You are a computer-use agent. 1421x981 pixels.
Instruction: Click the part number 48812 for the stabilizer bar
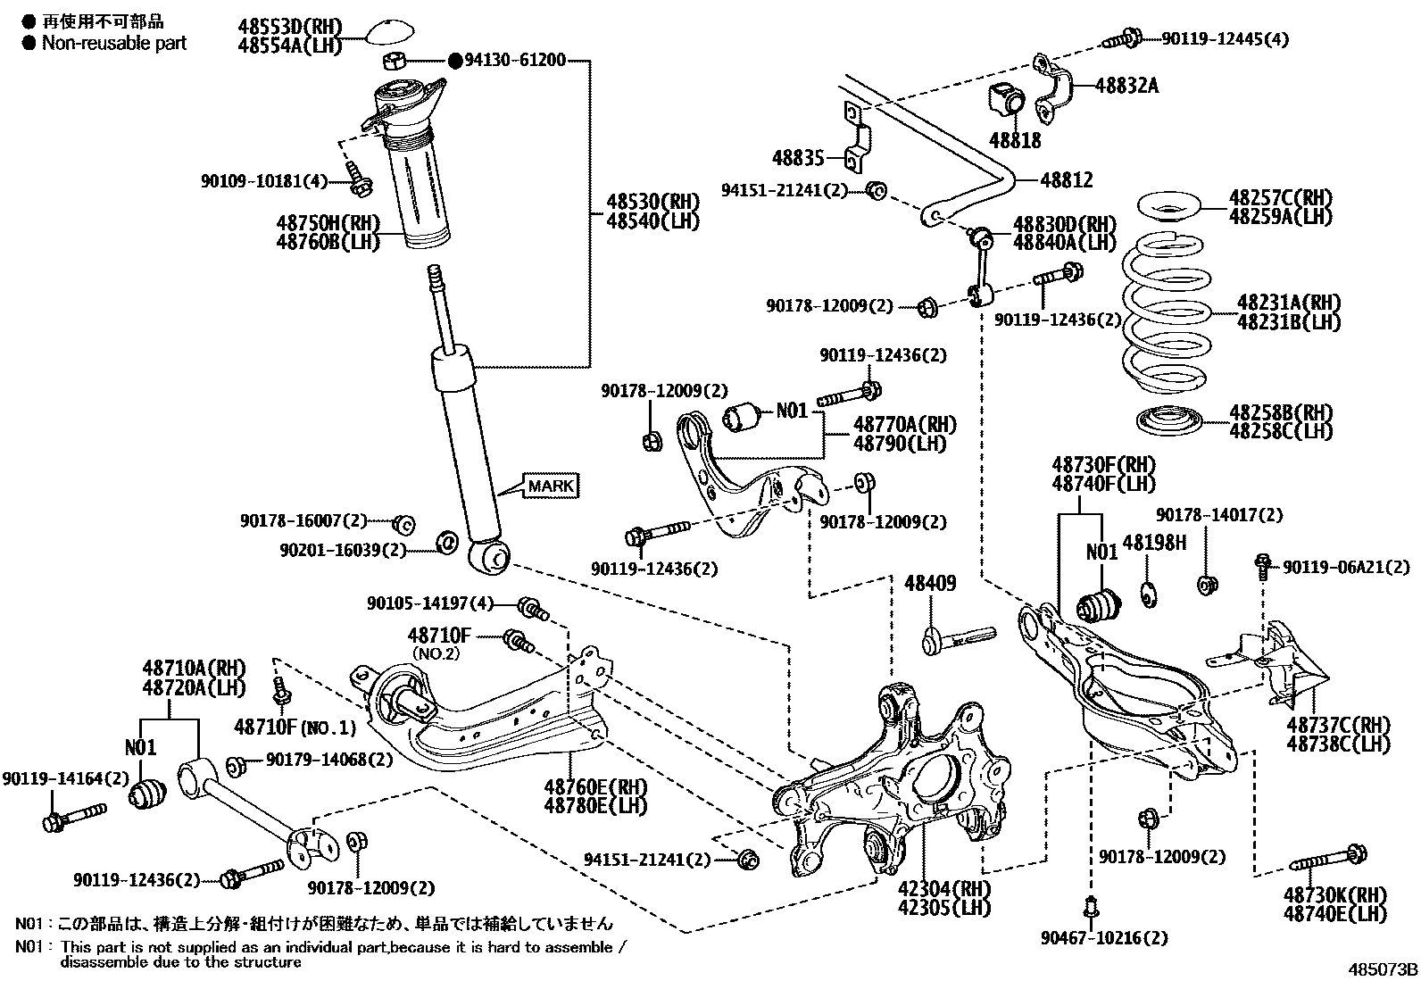(x=1067, y=180)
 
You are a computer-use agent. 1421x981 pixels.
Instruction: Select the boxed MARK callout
(x=551, y=486)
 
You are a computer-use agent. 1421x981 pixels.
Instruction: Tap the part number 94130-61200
(x=515, y=61)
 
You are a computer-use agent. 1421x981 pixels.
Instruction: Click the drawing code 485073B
(x=1382, y=969)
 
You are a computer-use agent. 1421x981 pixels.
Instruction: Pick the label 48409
(x=930, y=583)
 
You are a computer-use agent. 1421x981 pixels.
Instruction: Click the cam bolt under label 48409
(x=959, y=637)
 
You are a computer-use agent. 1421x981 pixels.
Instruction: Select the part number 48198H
(x=1155, y=543)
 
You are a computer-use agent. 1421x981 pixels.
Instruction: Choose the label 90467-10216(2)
(x=1104, y=938)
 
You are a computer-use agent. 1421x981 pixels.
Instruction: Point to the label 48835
(x=798, y=157)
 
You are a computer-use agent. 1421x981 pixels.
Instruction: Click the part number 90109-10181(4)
(x=264, y=181)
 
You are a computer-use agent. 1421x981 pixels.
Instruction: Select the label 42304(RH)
(x=944, y=888)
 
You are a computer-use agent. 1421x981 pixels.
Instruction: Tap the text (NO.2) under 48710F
(x=436, y=653)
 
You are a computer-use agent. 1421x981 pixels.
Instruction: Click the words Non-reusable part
(x=114, y=43)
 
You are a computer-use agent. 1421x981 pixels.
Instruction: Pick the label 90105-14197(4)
(x=430, y=603)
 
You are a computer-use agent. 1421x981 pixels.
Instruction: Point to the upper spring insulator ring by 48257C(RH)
(x=1168, y=207)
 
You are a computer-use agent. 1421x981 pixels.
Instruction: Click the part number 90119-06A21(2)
(x=1346, y=567)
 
